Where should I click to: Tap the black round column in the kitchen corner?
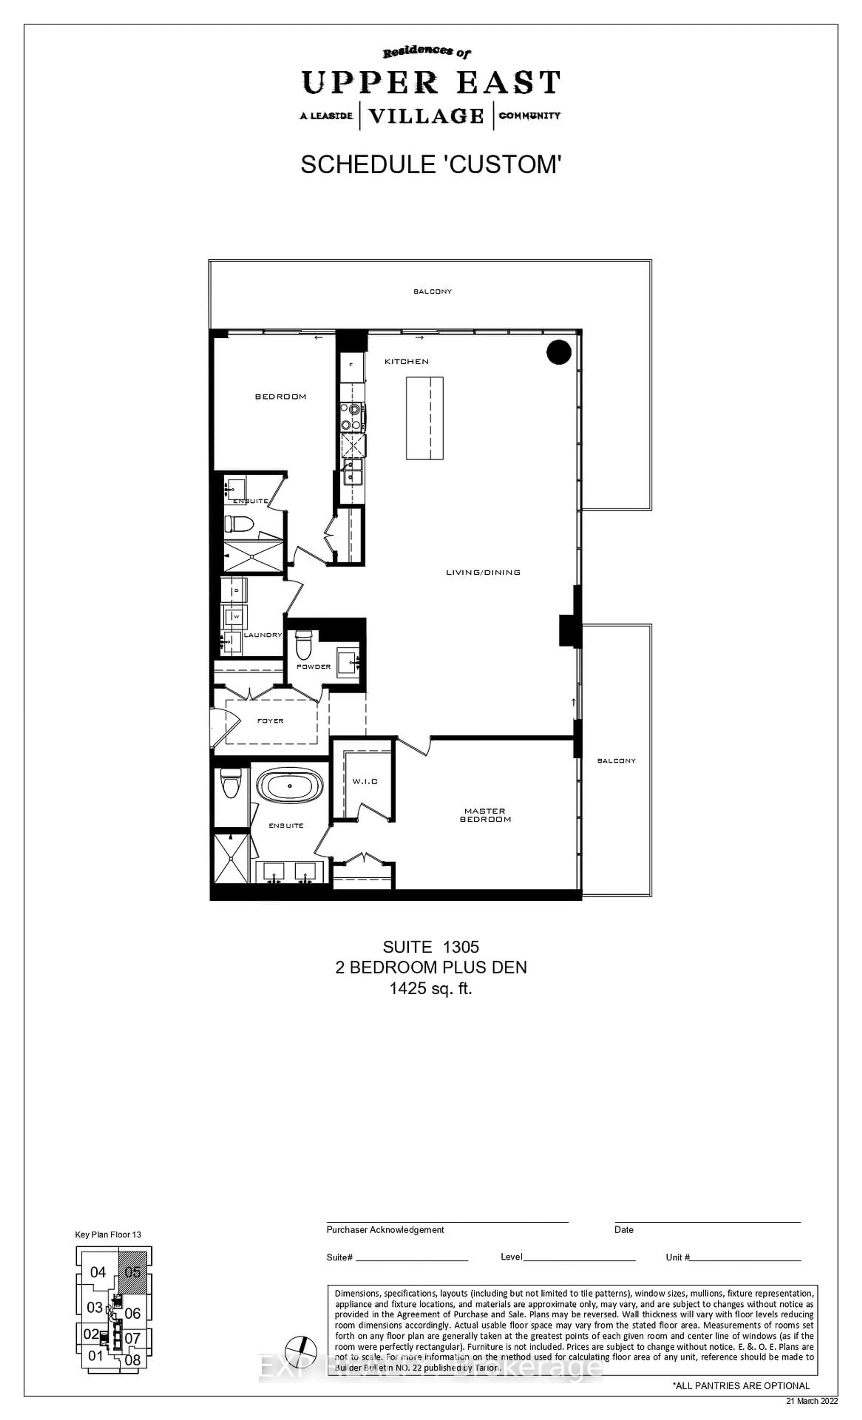558,352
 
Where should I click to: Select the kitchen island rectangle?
425,418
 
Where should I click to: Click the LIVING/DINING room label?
483,572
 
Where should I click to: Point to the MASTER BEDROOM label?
485,815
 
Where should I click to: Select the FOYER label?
270,721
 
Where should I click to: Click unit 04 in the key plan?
98,1272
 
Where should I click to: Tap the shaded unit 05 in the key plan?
132,1272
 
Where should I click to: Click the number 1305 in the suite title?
460,947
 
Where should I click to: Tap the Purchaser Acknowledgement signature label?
385,1230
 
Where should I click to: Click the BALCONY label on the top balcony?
432,292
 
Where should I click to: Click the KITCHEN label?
407,361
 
